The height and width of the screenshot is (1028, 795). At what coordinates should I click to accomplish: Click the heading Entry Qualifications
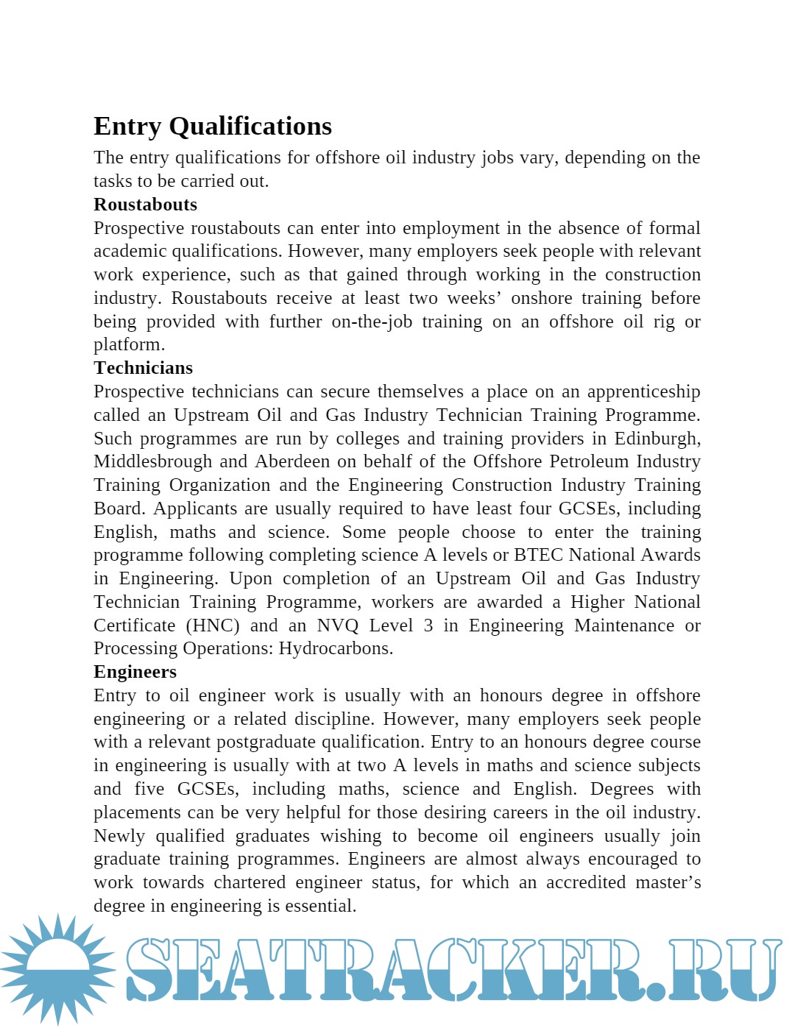[x=213, y=127]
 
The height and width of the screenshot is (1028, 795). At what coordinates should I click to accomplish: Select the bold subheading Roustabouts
[x=145, y=205]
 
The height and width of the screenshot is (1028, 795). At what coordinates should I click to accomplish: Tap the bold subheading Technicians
[x=143, y=368]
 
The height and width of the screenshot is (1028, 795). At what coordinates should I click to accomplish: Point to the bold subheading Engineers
[x=135, y=672]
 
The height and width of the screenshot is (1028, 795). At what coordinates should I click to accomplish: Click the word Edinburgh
[x=657, y=439]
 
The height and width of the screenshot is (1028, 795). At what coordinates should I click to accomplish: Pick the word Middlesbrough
[x=152, y=461]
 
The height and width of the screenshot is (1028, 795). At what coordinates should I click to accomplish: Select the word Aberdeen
[x=292, y=461]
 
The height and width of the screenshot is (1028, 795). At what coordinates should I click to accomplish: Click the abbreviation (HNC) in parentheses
[x=213, y=625]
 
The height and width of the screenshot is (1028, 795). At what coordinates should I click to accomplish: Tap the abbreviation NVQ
[x=338, y=625]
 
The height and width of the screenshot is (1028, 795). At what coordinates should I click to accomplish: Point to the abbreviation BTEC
[x=539, y=555]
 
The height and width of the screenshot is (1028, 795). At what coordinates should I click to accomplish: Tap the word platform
[x=128, y=345]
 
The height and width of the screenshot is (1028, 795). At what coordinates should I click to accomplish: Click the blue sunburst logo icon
[x=58, y=968]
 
